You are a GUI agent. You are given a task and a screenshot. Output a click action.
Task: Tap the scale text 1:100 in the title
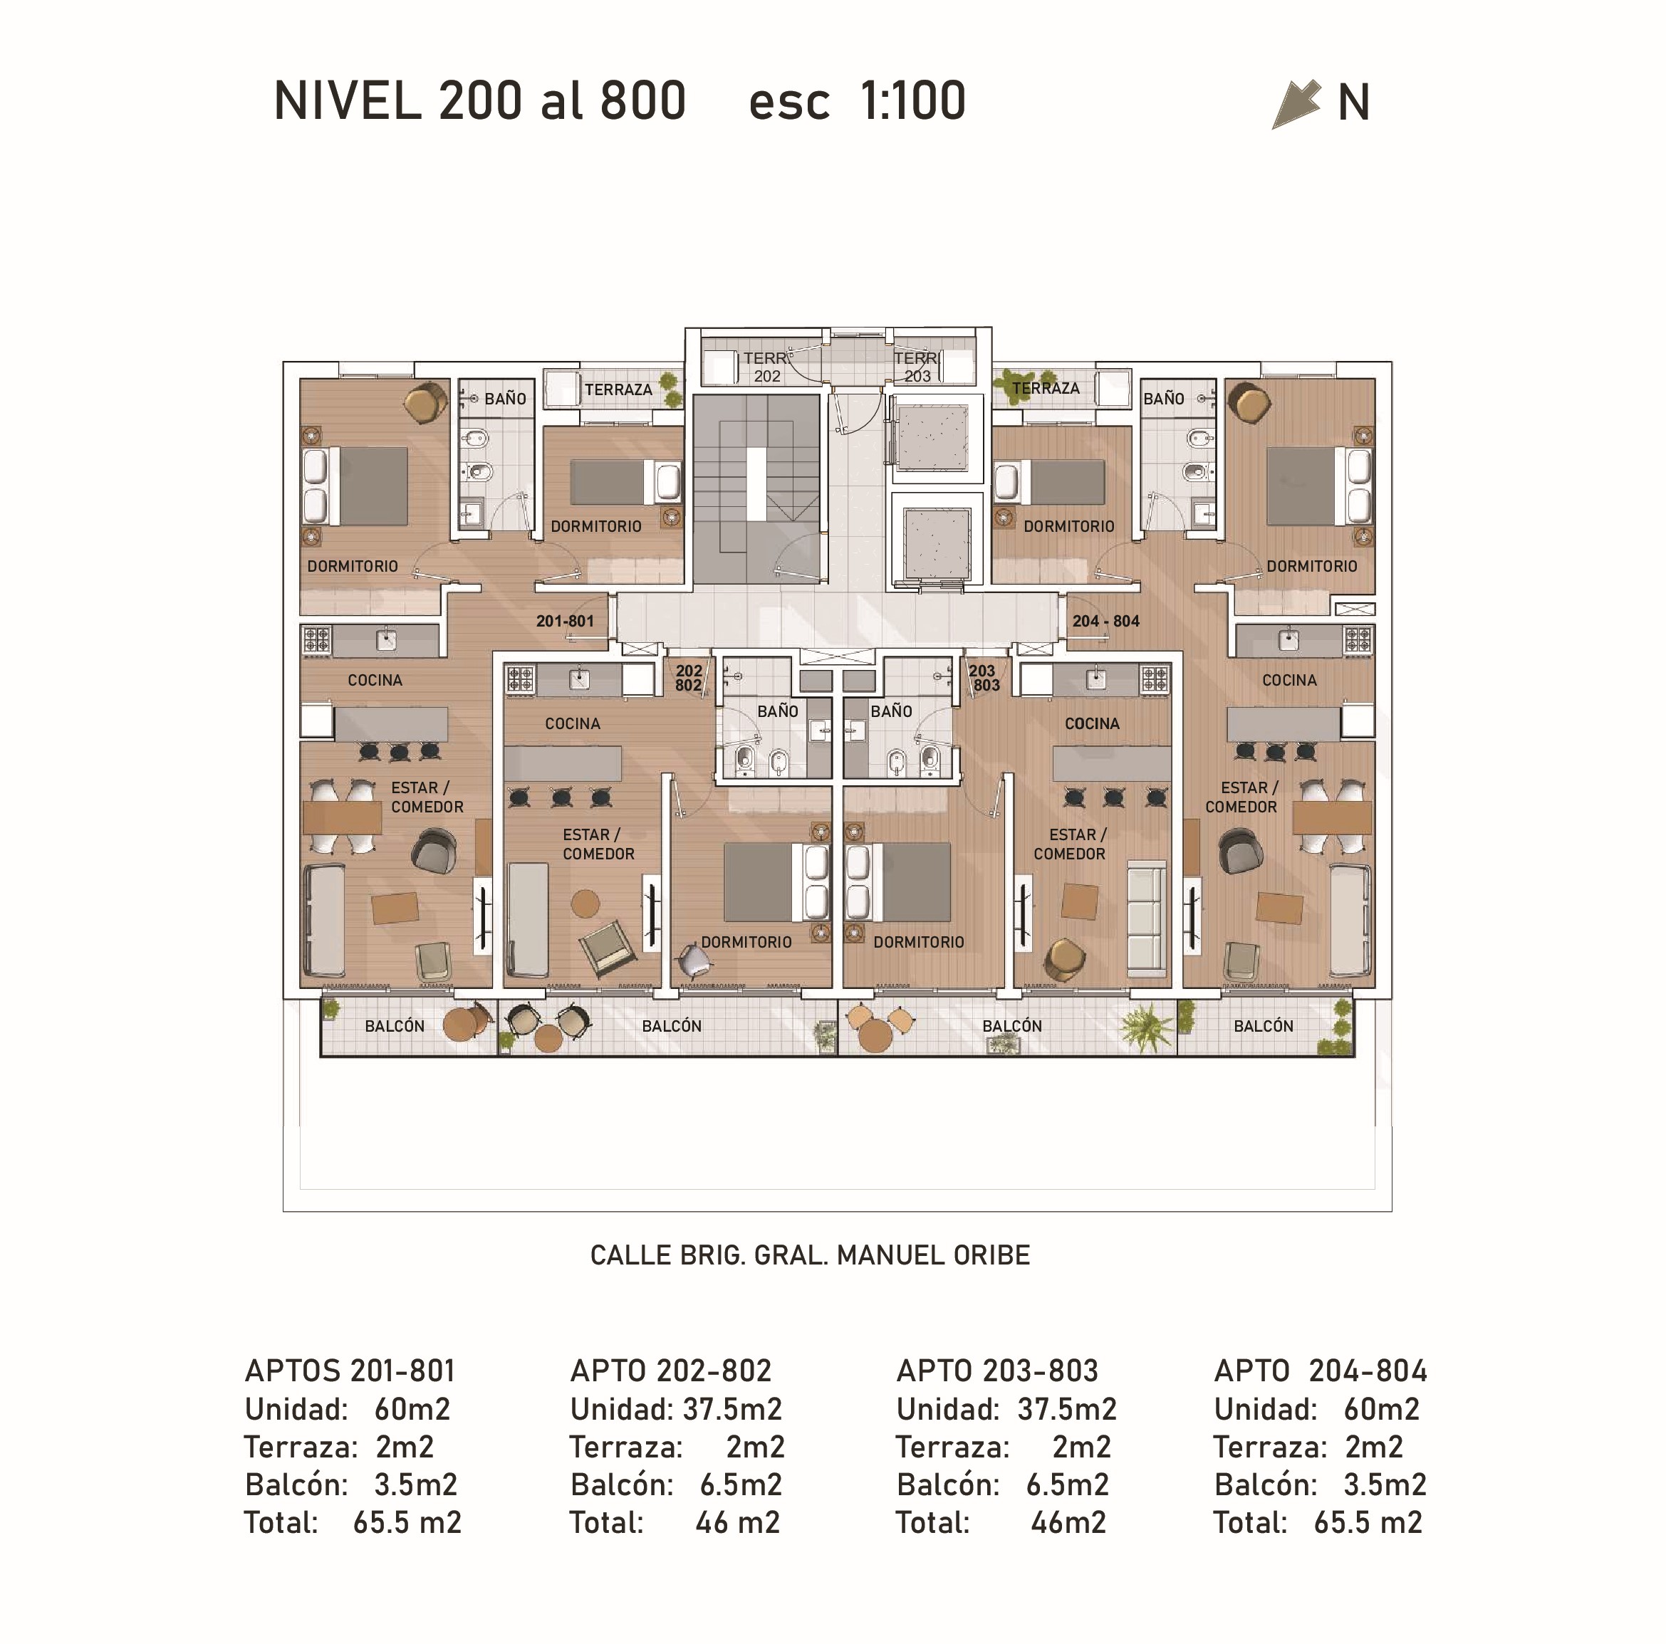click(912, 101)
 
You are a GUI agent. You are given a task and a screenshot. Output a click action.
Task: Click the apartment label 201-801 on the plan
click(565, 621)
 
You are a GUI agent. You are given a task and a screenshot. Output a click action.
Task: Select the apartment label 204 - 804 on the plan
click(1105, 621)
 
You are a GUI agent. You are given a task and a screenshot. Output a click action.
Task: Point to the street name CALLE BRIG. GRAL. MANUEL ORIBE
click(810, 1255)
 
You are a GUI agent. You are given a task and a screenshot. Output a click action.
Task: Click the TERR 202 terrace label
click(766, 367)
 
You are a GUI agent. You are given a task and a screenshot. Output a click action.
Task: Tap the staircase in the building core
click(756, 487)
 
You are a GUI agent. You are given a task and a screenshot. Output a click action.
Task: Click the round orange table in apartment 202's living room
click(585, 904)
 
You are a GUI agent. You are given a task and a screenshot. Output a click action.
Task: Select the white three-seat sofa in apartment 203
click(1147, 921)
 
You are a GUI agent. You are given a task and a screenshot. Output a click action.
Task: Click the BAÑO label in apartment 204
click(1163, 399)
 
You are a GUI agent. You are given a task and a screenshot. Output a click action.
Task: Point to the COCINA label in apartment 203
click(1092, 723)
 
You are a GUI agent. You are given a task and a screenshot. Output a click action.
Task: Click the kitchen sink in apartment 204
click(1288, 639)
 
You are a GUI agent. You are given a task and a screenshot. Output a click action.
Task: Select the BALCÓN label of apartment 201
click(395, 1026)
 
